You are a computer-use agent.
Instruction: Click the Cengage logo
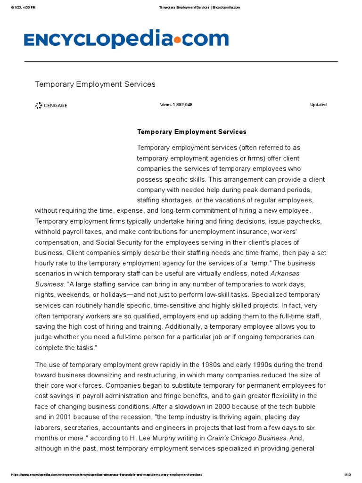51,106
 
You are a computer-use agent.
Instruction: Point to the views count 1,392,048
176,105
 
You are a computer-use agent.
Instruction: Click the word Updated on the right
318,105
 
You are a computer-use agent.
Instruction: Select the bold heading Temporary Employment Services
191,132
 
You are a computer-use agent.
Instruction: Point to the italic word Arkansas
285,274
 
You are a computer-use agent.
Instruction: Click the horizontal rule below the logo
181,61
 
